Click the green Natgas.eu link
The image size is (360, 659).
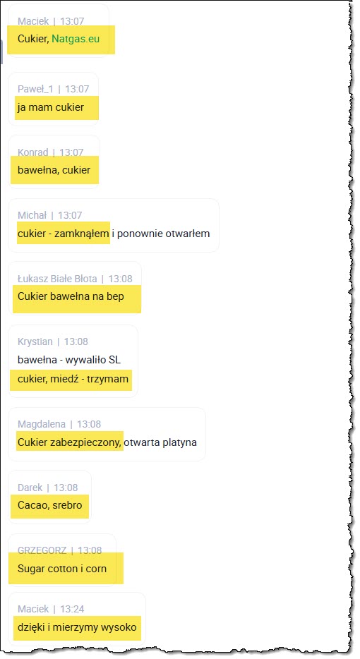click(x=76, y=39)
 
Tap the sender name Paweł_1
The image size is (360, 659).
click(x=35, y=89)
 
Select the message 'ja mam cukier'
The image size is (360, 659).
click(x=50, y=107)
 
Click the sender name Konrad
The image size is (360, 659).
click(x=32, y=152)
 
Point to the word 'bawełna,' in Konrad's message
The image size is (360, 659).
click(x=38, y=170)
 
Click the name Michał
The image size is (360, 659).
click(x=32, y=215)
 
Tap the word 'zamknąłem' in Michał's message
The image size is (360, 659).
click(x=82, y=234)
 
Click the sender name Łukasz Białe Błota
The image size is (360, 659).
click(x=57, y=279)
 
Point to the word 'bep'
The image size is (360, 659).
click(x=115, y=297)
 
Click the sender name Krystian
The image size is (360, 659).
click(x=35, y=341)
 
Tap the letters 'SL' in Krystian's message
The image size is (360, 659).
click(x=114, y=360)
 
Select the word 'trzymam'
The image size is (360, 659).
click(x=107, y=379)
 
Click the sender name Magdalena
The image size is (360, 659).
click(x=42, y=425)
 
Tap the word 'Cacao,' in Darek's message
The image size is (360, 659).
click(x=32, y=505)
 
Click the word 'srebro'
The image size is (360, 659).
click(x=66, y=505)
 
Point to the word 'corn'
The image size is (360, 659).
click(x=96, y=569)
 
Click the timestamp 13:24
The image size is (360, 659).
click(x=72, y=609)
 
